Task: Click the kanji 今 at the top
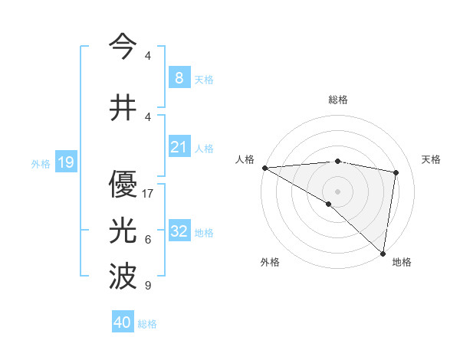(x=122, y=47)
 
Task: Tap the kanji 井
(x=122, y=108)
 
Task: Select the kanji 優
(x=122, y=183)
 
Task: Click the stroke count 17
(x=148, y=194)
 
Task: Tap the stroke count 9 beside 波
(x=148, y=286)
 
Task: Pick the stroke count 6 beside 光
(x=148, y=240)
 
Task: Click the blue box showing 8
(x=179, y=77)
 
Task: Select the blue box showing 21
(x=179, y=147)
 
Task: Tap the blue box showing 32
(x=179, y=231)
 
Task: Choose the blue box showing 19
(x=65, y=162)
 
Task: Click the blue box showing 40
(x=123, y=322)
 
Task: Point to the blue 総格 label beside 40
(x=147, y=324)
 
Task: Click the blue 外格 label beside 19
(x=41, y=163)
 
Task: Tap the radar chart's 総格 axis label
(x=337, y=100)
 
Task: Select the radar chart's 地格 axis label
(x=402, y=262)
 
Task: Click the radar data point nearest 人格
(x=264, y=167)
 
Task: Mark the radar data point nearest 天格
(x=396, y=172)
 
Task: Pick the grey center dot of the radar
(x=337, y=190)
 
